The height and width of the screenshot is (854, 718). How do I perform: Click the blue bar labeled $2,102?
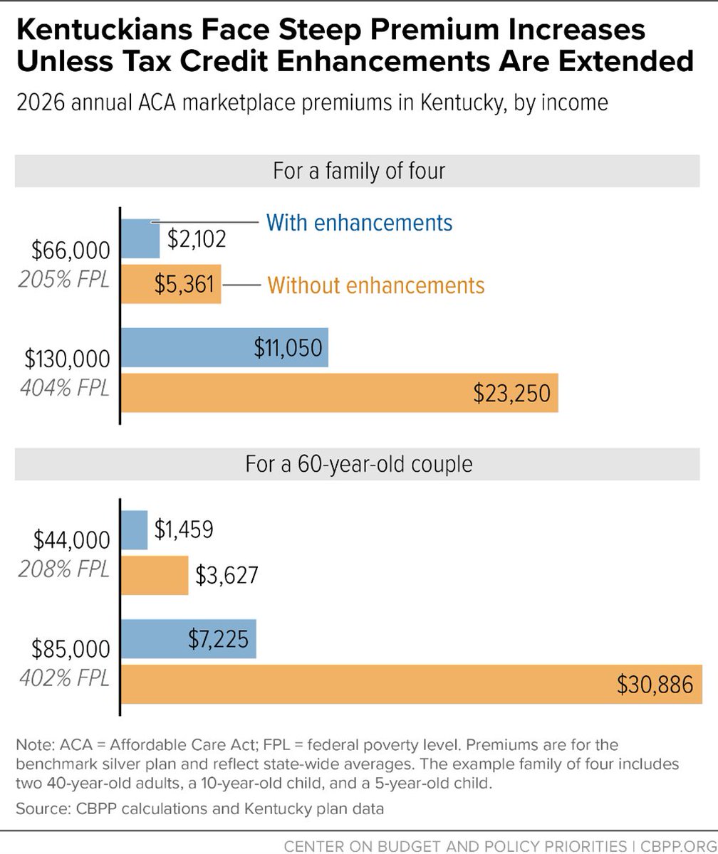point(141,239)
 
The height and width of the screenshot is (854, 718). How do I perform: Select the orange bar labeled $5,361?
point(171,285)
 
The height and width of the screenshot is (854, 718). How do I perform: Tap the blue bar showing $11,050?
point(225,347)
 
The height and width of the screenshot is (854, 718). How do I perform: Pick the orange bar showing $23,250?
point(340,392)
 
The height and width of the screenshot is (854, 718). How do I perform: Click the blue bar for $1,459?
point(135,529)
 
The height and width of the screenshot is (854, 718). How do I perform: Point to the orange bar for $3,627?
point(155,575)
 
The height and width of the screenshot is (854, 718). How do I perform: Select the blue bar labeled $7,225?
point(189,638)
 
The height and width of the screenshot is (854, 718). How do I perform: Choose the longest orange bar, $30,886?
point(412,684)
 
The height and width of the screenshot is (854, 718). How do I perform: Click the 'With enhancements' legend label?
point(359,222)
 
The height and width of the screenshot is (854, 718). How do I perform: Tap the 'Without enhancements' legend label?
point(376,285)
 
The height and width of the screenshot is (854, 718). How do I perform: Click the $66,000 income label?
point(71,251)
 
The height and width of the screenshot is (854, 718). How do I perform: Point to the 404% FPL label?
point(64,389)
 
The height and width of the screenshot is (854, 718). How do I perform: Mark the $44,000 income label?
point(71,540)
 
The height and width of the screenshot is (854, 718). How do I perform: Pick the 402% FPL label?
point(64,678)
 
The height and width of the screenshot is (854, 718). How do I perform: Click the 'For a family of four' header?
point(359,172)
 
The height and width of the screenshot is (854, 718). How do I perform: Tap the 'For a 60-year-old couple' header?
point(359,465)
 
